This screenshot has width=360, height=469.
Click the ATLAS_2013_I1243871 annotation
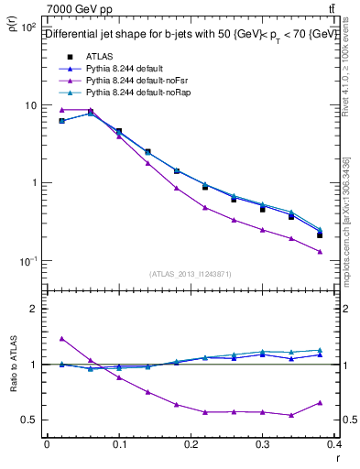(x=191, y=274)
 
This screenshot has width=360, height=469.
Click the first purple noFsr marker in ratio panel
(x=61, y=339)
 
